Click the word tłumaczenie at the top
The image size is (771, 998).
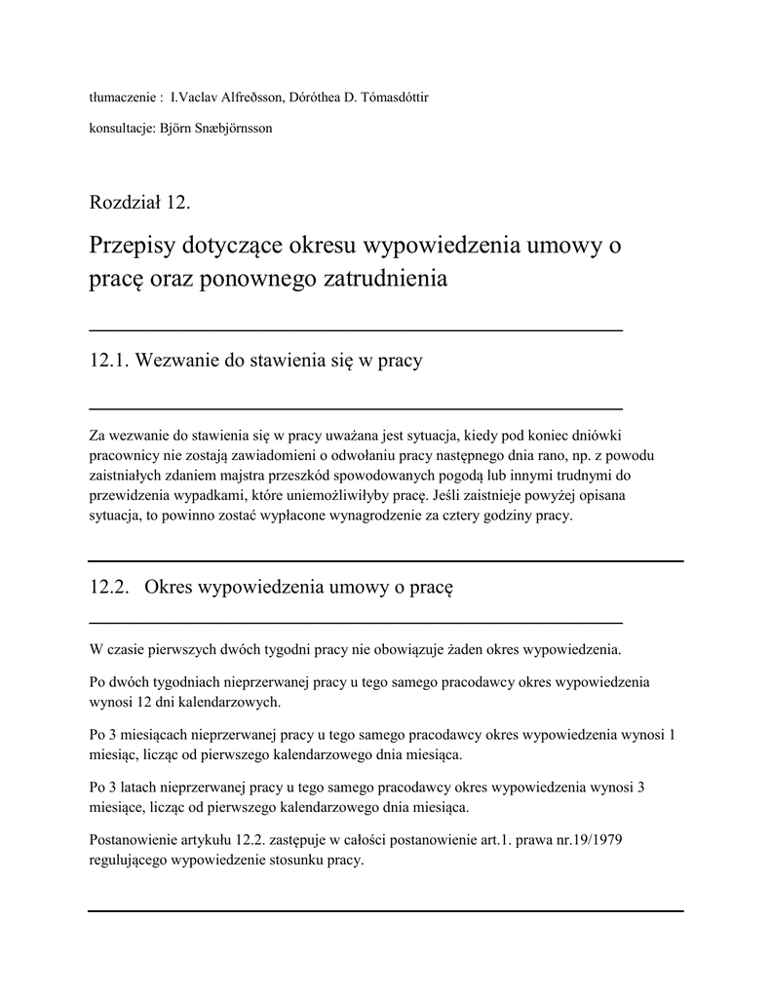pos(123,97)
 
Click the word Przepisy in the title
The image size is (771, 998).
pos(130,245)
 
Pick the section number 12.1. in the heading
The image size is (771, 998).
pos(109,361)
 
